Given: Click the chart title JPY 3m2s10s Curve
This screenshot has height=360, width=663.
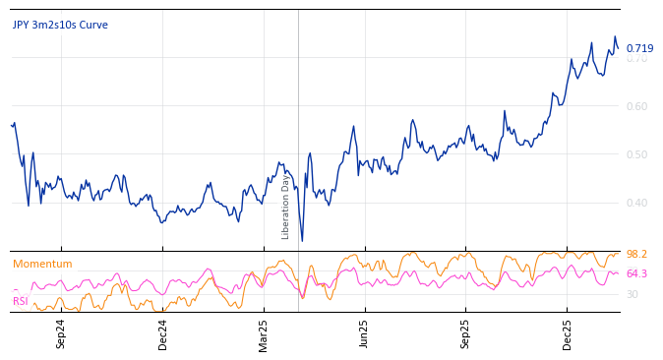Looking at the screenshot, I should [60, 26].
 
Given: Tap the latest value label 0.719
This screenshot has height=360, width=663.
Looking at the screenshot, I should [639, 48].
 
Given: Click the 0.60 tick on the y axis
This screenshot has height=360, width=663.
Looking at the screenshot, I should [637, 106].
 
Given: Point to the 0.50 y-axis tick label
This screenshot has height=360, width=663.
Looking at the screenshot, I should [637, 154].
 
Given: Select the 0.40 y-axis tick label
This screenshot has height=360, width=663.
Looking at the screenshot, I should [637, 203].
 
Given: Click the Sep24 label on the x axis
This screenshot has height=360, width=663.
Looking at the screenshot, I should [61, 333].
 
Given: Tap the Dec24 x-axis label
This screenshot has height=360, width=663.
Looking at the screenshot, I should [162, 333].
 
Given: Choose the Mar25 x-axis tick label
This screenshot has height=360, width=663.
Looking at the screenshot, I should [264, 333].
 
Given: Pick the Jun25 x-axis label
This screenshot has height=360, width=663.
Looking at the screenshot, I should [365, 333].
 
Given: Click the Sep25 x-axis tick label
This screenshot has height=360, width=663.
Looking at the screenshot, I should [466, 333].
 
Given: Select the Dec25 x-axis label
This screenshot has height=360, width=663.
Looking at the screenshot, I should [568, 333].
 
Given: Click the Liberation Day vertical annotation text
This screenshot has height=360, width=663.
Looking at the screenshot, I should [286, 207].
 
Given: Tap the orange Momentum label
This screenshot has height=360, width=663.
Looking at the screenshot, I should [42, 264].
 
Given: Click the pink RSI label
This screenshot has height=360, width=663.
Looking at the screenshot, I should [20, 301].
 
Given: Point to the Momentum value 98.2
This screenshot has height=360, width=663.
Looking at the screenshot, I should [636, 254].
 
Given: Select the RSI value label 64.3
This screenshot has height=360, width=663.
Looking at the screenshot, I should [636, 273].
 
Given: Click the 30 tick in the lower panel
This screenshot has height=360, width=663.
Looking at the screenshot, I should [633, 294].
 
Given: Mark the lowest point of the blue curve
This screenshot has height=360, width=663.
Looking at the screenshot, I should [302, 241].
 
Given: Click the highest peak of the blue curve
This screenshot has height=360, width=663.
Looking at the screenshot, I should [615, 37].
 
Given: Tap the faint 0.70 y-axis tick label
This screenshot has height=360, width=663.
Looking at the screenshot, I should [637, 59].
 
